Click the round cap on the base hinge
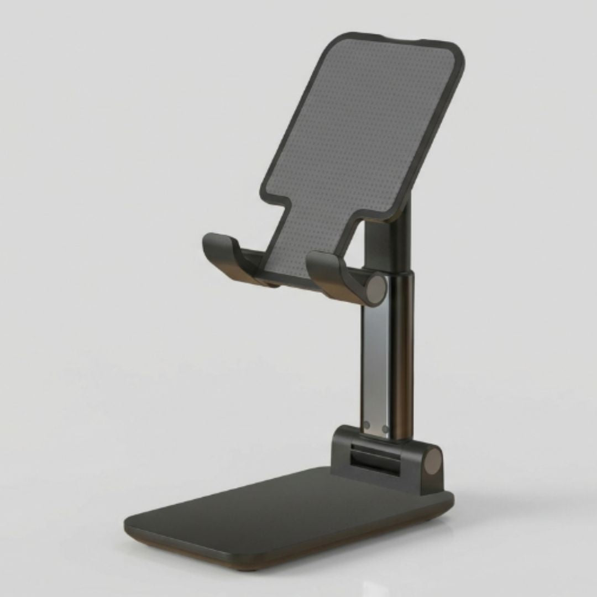coord(433,462)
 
